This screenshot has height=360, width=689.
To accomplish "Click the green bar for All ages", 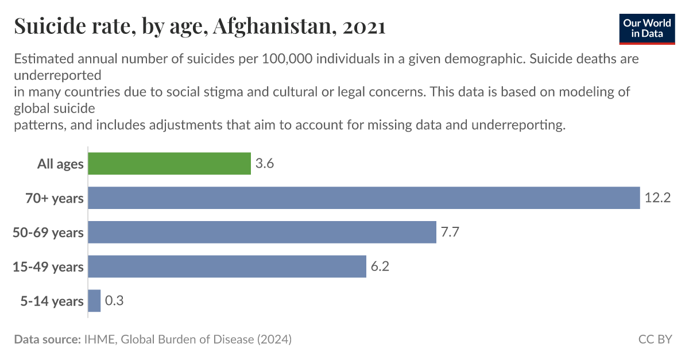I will [x=169, y=164].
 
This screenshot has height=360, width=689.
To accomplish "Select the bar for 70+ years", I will [x=363, y=198].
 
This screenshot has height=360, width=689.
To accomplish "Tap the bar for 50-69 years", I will [x=262, y=232].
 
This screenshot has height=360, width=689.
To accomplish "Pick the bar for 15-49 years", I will [x=227, y=266].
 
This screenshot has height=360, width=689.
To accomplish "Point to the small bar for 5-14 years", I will [x=94, y=301].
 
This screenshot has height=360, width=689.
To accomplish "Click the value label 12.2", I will [x=657, y=198].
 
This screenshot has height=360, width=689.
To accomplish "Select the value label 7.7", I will [x=451, y=232].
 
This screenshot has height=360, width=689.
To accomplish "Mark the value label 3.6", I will [x=265, y=164].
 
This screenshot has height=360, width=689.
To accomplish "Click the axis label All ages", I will [x=60, y=164].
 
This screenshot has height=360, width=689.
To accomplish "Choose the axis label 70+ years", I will [x=55, y=199].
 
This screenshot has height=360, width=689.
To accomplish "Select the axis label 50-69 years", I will [x=48, y=233].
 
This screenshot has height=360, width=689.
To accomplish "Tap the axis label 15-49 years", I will [x=48, y=267].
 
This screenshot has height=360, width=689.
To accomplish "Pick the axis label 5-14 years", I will [x=52, y=301].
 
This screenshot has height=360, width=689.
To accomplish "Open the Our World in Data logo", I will [x=647, y=27].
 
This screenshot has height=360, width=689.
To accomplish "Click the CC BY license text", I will [x=655, y=339].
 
